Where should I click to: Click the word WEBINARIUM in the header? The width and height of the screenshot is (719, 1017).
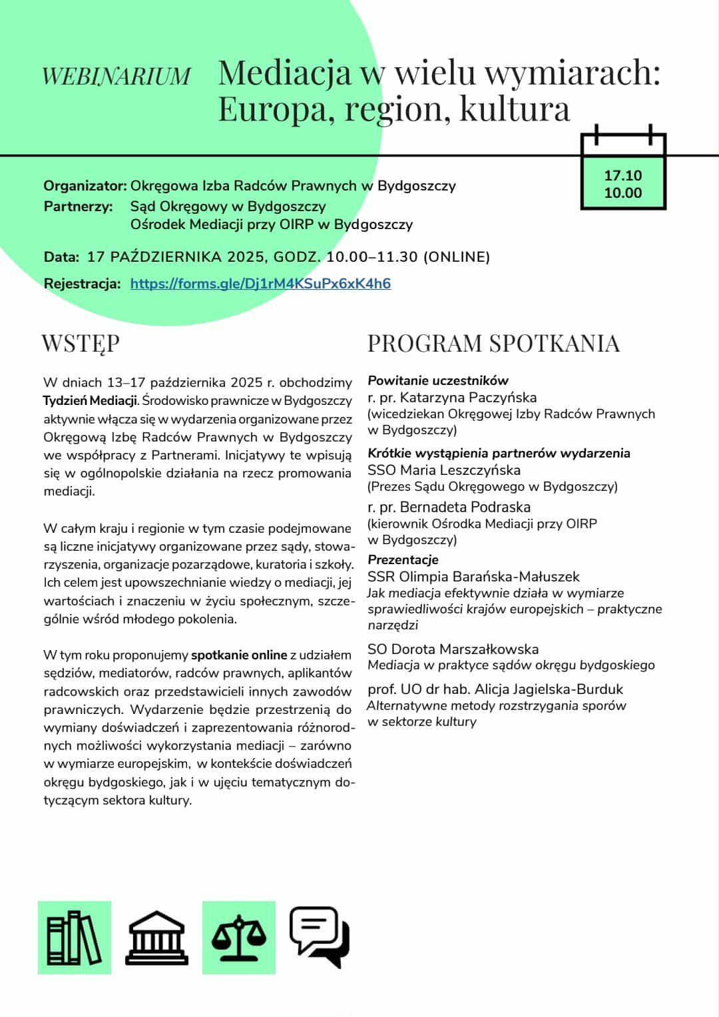[x=117, y=76]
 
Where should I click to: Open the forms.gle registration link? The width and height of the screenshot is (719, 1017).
[x=260, y=284]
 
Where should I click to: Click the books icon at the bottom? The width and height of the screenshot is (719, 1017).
[x=74, y=938]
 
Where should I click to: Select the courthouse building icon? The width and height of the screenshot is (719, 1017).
[x=157, y=938]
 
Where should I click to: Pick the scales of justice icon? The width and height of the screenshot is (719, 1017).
[x=238, y=938]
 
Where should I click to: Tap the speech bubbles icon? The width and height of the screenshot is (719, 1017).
[x=320, y=936]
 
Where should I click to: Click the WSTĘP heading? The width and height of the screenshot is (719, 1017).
[x=81, y=344]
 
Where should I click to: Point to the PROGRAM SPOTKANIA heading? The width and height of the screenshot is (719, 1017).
[x=493, y=344]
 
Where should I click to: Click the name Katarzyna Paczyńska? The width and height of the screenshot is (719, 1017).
[x=469, y=398]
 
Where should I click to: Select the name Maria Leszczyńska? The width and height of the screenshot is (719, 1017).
[x=460, y=470]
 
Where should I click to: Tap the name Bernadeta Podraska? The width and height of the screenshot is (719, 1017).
[x=465, y=508]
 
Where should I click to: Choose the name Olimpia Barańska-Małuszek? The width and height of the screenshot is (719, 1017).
[x=489, y=577]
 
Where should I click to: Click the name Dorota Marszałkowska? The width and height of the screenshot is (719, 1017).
[x=465, y=649]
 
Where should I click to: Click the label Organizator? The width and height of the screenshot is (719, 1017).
[x=85, y=186]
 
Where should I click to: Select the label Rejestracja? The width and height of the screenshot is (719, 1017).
[x=82, y=284]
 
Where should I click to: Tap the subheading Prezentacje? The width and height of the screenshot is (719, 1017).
[x=403, y=559]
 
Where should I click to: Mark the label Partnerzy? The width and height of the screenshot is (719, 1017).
[x=78, y=206]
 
